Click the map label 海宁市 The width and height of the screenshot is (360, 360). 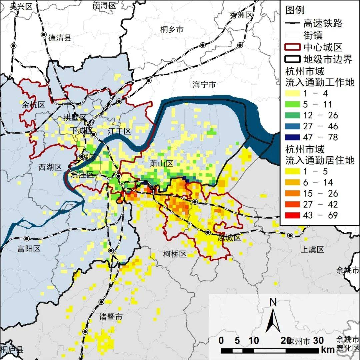pyautogui.click(x=204, y=85)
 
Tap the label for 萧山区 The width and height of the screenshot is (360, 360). pyautogui.click(x=162, y=163)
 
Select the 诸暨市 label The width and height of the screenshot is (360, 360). pyautogui.click(x=111, y=317)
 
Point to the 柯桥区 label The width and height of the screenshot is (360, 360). pyautogui.click(x=175, y=254)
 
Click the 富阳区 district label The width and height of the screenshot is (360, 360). pyautogui.click(x=29, y=249)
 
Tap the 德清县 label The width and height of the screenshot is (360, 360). pyautogui.click(x=60, y=38)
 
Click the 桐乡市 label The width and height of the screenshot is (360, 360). pyautogui.click(x=172, y=30)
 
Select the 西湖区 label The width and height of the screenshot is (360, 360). pyautogui.click(x=50, y=167)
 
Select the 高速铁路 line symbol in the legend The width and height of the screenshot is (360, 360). pyautogui.click(x=292, y=24)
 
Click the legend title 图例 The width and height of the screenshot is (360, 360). pyautogui.click(x=295, y=10)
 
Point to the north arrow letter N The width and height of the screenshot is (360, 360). pyautogui.click(x=273, y=302)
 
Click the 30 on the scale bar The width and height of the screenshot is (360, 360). pyautogui.click(x=319, y=341)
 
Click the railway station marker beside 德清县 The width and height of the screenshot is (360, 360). pyautogui.click(x=43, y=34)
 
